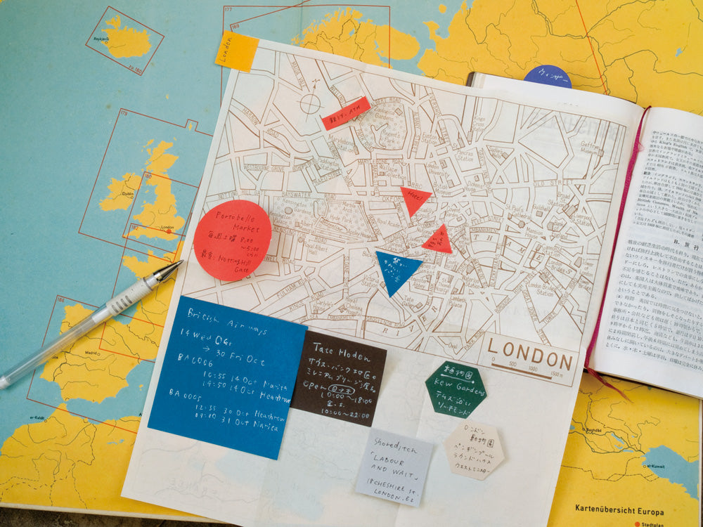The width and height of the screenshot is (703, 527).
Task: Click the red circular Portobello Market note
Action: [232, 240]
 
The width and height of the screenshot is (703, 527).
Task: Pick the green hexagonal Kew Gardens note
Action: [456, 389]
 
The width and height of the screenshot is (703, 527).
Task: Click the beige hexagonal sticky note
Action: [474, 450]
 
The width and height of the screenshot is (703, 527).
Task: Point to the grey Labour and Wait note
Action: [394, 467]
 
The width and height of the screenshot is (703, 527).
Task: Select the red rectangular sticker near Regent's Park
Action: [346, 113]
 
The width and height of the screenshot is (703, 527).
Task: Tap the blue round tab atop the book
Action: [547, 75]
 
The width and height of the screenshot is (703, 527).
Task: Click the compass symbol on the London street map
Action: [309, 103]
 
